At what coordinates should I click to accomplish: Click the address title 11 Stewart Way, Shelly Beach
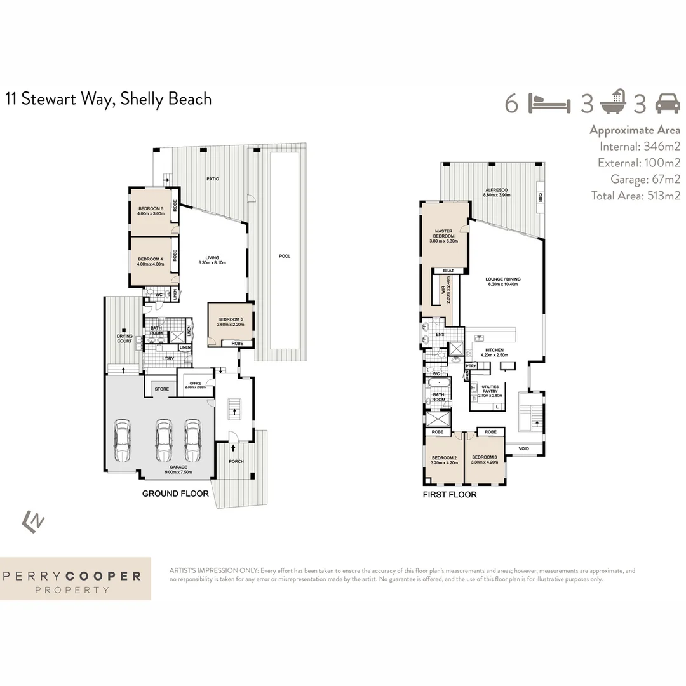109,99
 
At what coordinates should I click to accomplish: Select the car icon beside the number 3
667,102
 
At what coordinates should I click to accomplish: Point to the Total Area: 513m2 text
635,196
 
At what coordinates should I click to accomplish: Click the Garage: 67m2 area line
645,179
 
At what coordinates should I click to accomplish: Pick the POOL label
285,256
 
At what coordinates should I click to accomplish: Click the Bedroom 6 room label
229,322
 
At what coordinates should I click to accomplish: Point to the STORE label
162,389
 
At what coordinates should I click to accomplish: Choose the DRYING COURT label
124,339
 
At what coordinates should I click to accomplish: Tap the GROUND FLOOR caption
175,494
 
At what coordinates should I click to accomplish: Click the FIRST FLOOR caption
450,494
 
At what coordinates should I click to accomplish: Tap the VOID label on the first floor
523,448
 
